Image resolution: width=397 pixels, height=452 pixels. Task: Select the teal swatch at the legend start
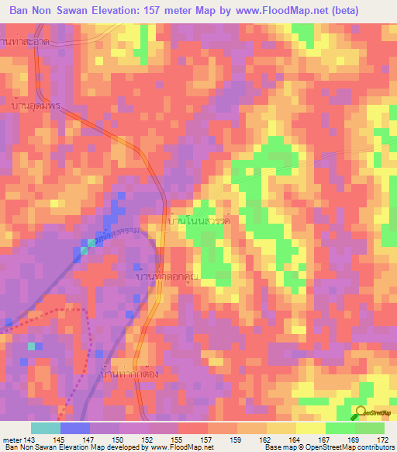pos(46,428)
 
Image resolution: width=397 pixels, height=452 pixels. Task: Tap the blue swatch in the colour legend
pos(75,428)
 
